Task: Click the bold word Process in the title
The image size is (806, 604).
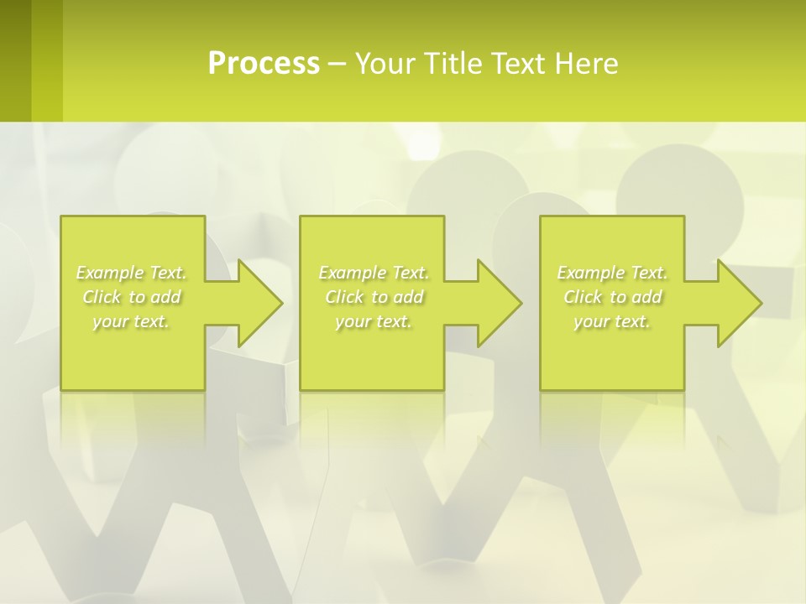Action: coord(264,64)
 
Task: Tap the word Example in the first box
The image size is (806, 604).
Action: coord(109,273)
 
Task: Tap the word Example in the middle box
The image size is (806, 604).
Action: coord(352,273)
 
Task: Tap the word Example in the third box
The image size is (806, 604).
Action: coord(590,273)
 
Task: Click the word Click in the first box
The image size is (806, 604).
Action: coord(102,297)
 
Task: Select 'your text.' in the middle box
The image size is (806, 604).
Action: coord(373,321)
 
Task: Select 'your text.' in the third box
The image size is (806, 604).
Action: coord(611,321)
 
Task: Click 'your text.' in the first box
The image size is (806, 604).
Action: coord(130,321)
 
